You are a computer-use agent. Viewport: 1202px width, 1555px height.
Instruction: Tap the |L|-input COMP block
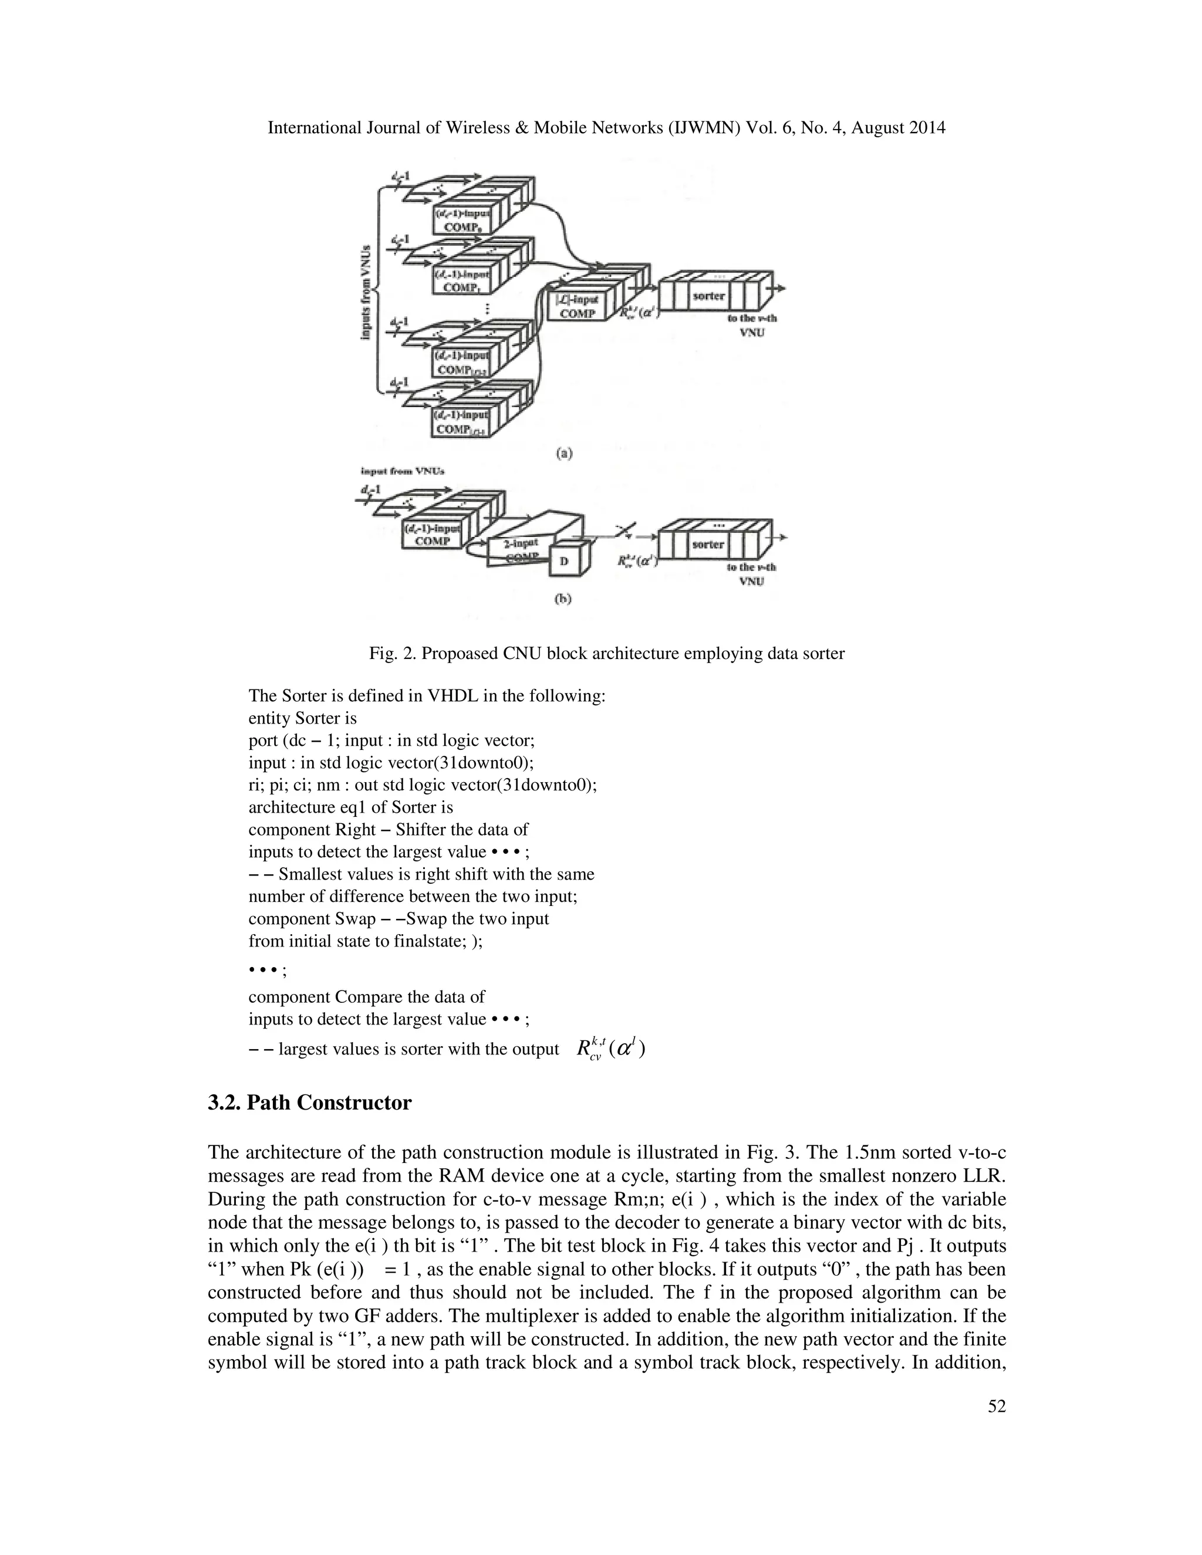(577, 307)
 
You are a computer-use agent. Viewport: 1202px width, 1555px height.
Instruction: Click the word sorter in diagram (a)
(708, 296)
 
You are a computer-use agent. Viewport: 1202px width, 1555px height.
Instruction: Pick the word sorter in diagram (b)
(708, 545)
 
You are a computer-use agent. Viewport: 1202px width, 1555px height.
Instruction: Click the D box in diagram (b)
(565, 561)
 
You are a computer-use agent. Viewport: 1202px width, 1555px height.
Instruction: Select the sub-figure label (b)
(563, 599)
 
